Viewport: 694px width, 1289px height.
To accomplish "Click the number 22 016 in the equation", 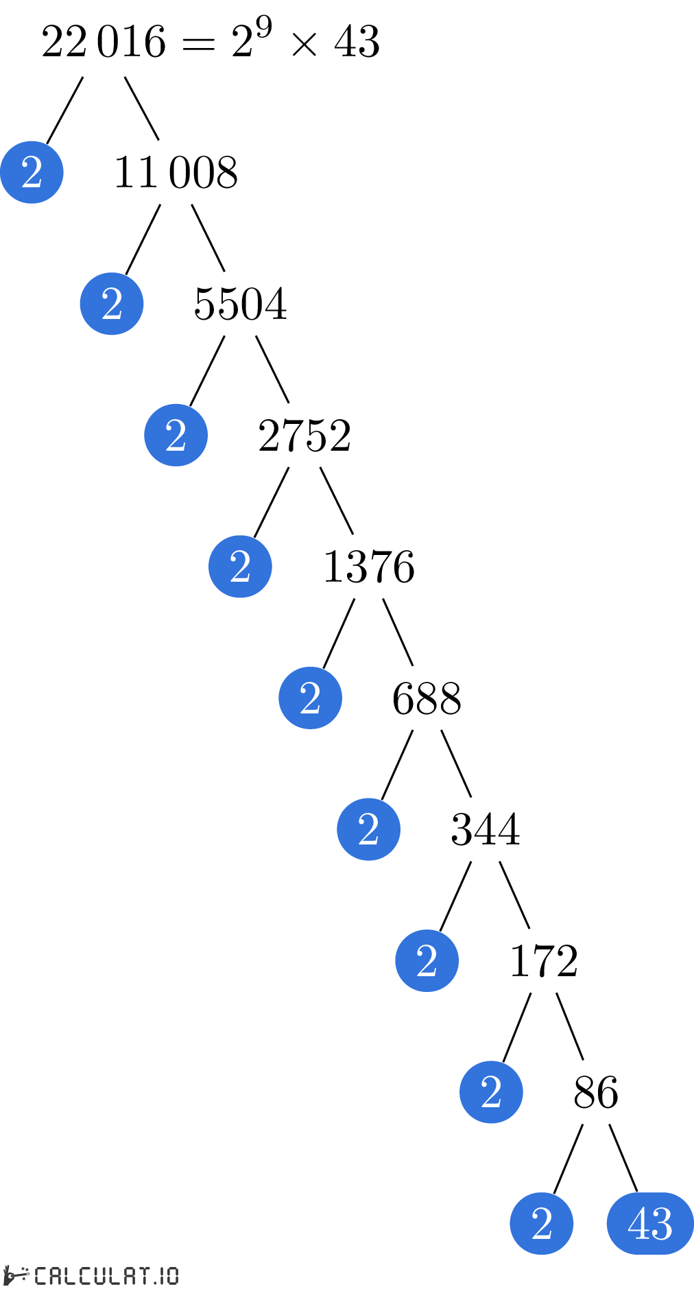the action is pos(104,42).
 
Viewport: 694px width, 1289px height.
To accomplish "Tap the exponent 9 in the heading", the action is pos(264,28).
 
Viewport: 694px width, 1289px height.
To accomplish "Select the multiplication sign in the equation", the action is pos(304,45).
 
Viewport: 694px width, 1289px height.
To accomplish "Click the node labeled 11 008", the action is pos(176,172).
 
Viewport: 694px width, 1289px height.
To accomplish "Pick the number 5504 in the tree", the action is pos(241,304).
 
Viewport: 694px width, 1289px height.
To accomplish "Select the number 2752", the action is pos(305,436).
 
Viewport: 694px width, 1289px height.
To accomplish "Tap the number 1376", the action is pos(369,567).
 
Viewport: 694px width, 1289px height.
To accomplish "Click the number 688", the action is pos(427,698).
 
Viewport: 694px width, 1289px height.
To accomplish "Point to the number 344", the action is pos(486,829).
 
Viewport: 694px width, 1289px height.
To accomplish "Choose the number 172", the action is pos(544,961).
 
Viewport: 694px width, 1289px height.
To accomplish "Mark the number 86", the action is pos(596,1092).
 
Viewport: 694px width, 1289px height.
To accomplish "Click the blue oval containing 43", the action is pos(650,1223).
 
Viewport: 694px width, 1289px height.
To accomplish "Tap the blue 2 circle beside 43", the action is pos(542,1223).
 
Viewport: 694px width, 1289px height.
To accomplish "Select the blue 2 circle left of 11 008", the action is pos(112,304).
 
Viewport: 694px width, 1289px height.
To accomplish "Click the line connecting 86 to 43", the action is pos(623,1158).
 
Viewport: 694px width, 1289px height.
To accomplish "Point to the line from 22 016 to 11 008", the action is pos(142,108).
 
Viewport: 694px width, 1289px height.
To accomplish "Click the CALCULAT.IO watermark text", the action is pos(107,1275).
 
